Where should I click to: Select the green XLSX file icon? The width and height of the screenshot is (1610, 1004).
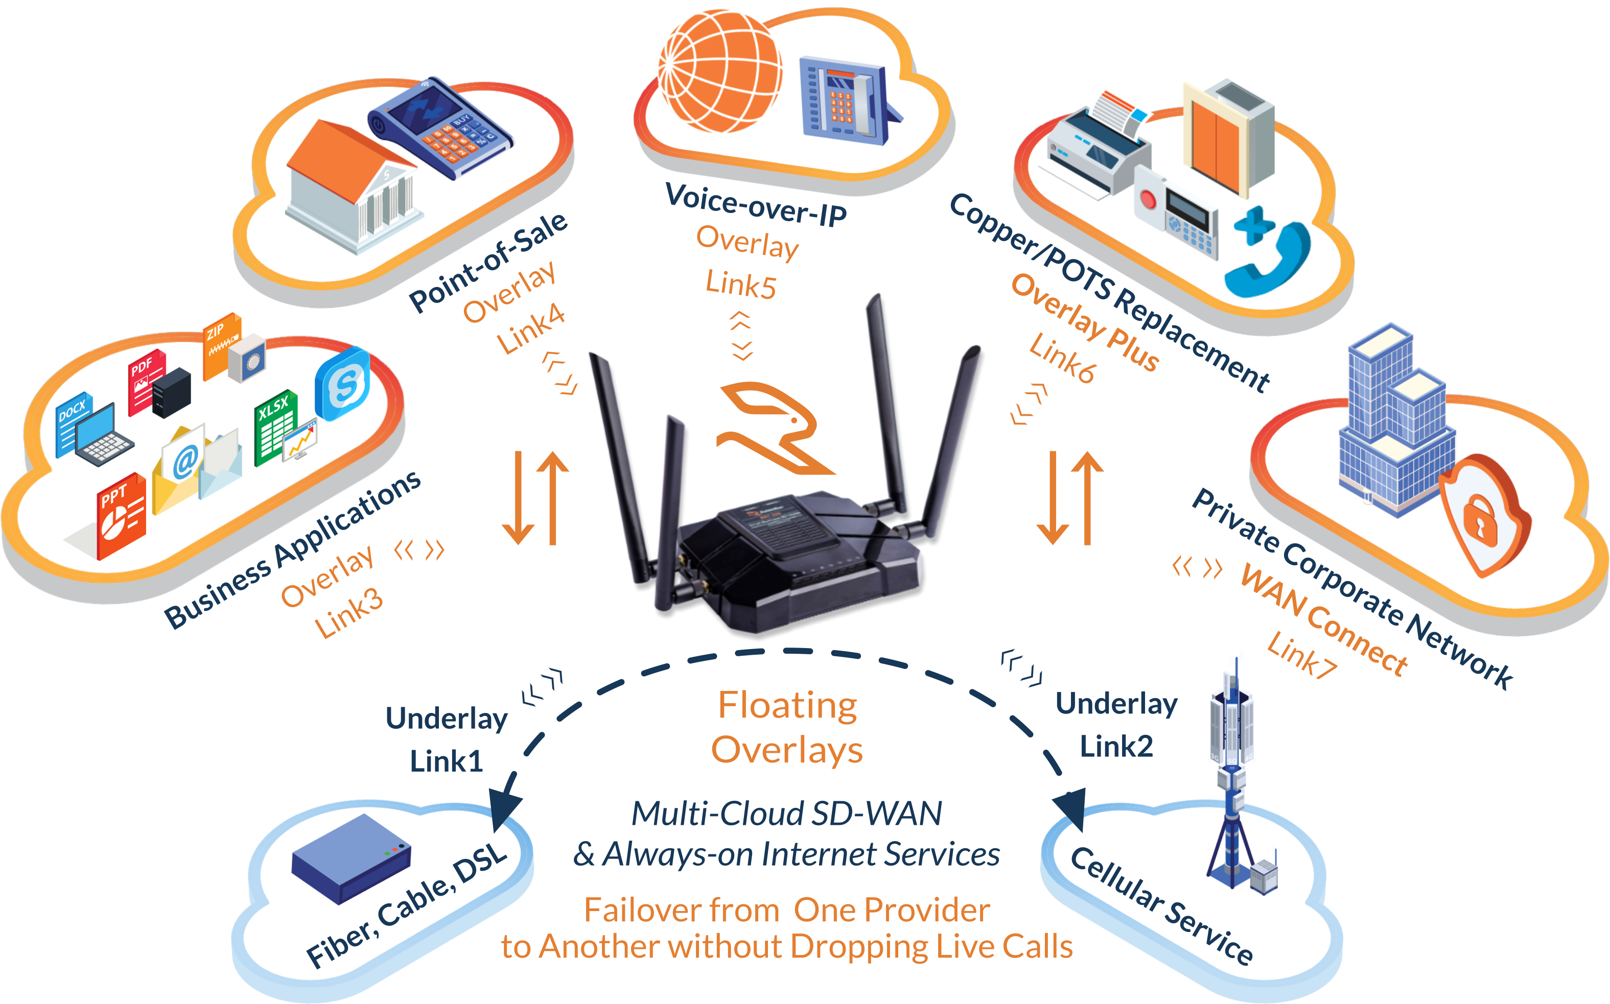click(275, 425)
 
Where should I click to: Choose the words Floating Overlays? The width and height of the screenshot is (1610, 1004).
click(787, 728)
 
